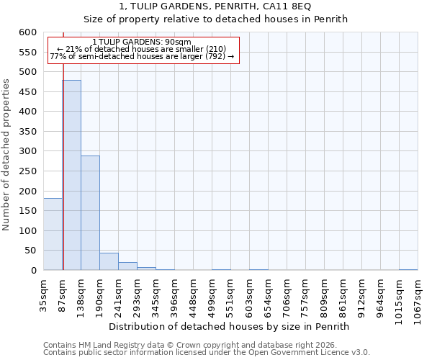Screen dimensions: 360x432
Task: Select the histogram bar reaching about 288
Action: (90, 213)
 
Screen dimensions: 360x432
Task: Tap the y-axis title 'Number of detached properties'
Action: (7, 155)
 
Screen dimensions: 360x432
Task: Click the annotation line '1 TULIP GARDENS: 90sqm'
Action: (142, 42)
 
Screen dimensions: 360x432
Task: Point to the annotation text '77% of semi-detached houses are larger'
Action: (142, 56)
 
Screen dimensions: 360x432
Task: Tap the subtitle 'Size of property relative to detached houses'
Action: (215, 19)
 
